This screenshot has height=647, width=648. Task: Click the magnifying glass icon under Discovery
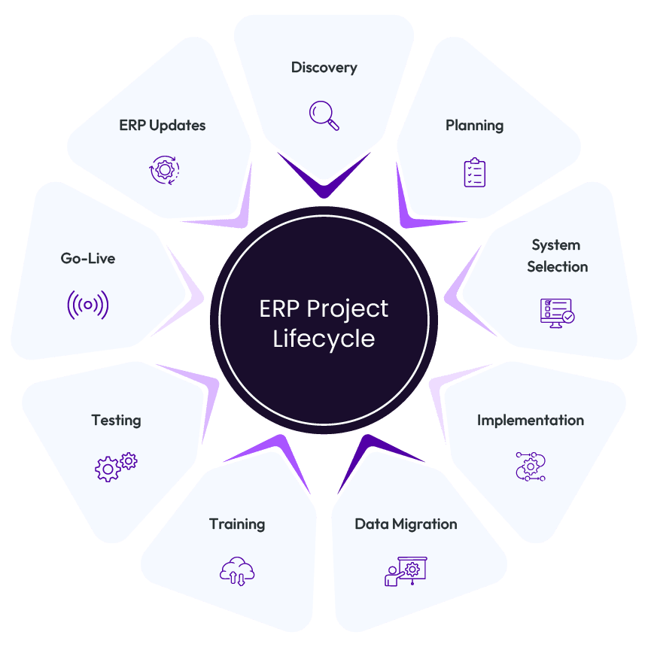(x=324, y=115)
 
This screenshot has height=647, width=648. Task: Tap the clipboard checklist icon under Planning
(x=474, y=172)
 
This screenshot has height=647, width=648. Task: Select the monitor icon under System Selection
(x=557, y=311)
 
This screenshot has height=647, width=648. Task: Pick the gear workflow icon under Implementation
(x=531, y=466)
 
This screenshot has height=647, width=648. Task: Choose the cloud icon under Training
(x=237, y=571)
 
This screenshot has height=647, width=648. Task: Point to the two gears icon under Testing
(x=116, y=466)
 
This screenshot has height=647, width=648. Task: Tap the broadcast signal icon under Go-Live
(x=88, y=305)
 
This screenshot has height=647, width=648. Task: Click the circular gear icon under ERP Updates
(x=163, y=170)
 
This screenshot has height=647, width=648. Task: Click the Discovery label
(x=324, y=68)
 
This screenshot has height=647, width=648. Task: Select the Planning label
(x=474, y=125)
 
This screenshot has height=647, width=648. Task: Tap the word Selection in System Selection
(x=557, y=266)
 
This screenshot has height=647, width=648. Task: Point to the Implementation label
(x=531, y=420)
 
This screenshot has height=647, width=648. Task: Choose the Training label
(x=237, y=524)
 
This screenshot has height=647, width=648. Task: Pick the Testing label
(x=116, y=420)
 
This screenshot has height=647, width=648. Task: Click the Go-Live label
(x=88, y=258)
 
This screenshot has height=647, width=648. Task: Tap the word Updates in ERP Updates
(x=178, y=125)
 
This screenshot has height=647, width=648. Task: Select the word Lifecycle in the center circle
(x=324, y=339)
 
